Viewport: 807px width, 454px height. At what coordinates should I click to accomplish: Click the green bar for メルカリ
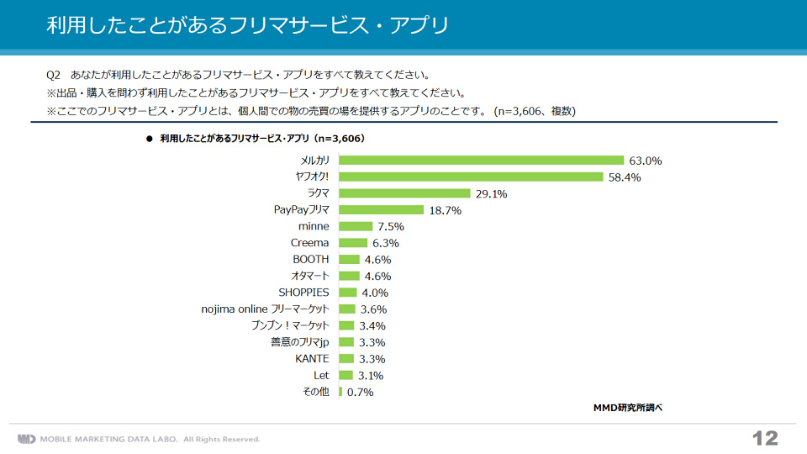pyautogui.click(x=481, y=160)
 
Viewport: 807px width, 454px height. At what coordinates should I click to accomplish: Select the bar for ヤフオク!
pyautogui.click(x=471, y=177)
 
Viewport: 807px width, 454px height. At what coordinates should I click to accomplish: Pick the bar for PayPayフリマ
pyautogui.click(x=381, y=210)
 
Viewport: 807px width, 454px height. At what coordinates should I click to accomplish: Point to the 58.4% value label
pyautogui.click(x=625, y=177)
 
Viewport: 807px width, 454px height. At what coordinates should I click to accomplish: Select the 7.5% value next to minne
pyautogui.click(x=391, y=226)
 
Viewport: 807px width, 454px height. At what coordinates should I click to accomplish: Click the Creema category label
pyautogui.click(x=310, y=243)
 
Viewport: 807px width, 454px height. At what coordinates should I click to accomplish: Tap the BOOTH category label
pyautogui.click(x=311, y=259)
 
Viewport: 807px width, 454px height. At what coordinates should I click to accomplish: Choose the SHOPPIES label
pyautogui.click(x=304, y=293)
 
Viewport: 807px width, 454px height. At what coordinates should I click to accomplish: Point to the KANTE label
pyautogui.click(x=312, y=358)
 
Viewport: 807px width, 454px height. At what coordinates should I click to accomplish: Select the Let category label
pyautogui.click(x=321, y=375)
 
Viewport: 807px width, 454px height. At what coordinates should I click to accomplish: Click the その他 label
pyautogui.click(x=316, y=392)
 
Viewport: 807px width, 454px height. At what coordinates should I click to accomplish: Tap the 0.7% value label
pyautogui.click(x=360, y=392)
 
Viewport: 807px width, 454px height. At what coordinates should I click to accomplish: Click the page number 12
pyautogui.click(x=765, y=438)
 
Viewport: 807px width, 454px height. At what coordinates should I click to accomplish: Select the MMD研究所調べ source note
pyautogui.click(x=628, y=408)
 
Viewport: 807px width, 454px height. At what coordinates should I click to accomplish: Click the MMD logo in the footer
pyautogui.click(x=27, y=439)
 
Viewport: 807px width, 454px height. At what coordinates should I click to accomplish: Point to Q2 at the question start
pyautogui.click(x=53, y=74)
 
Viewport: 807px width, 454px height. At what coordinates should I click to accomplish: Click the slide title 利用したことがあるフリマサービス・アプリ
pyautogui.click(x=247, y=25)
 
